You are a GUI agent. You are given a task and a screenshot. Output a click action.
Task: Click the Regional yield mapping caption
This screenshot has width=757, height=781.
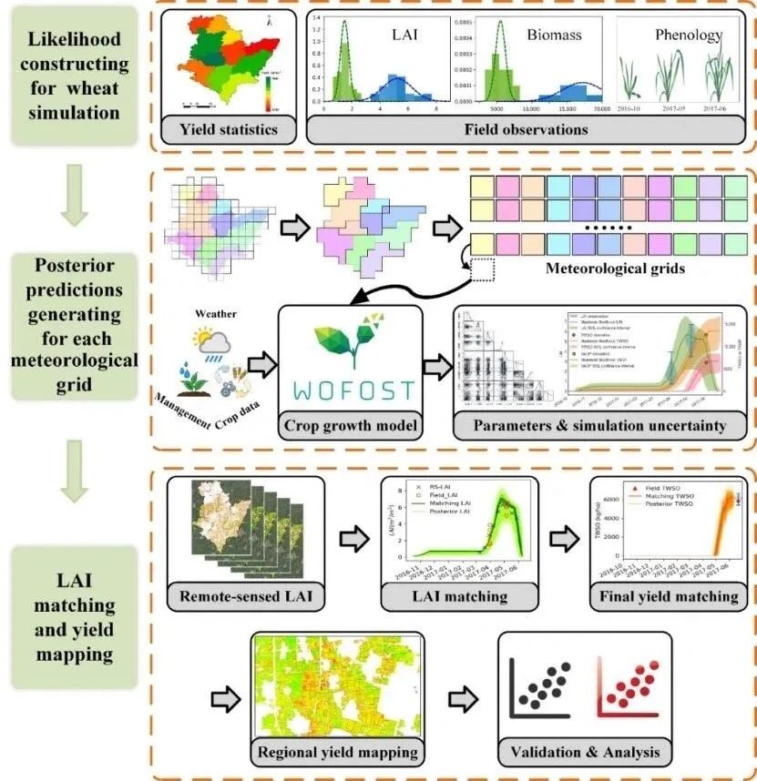click(338, 752)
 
